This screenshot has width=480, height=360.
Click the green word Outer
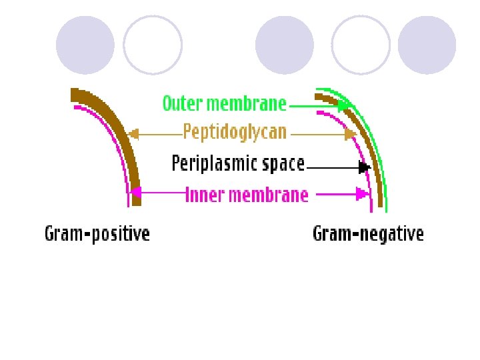(182, 104)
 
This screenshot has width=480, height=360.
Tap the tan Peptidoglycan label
(235, 132)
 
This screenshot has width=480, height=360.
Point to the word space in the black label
(281, 163)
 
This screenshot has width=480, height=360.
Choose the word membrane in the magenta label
(268, 195)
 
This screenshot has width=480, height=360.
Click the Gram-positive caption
(97, 234)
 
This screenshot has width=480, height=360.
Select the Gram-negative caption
(368, 234)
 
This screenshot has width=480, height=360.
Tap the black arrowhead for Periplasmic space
(364, 167)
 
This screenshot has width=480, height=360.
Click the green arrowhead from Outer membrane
(344, 105)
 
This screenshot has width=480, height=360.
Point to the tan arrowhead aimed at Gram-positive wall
(133, 133)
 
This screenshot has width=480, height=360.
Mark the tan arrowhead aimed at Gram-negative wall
(351, 135)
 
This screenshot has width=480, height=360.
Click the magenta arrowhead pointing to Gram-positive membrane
(135, 195)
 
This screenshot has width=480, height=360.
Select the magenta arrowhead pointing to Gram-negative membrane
(363, 195)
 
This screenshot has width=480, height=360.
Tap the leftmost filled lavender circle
(85, 45)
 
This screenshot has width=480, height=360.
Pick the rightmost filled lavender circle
(427, 45)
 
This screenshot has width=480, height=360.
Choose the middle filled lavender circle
(285, 45)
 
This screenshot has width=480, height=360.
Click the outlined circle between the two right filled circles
(360, 45)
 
